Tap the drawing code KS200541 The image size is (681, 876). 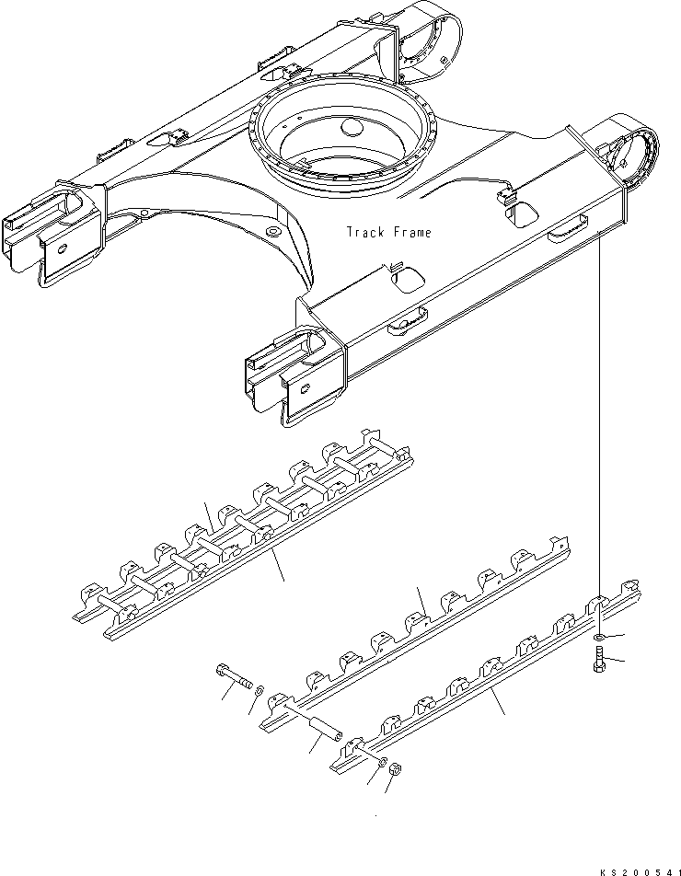[641, 871]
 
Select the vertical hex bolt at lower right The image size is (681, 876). [598, 659]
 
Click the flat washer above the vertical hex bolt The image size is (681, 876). [598, 637]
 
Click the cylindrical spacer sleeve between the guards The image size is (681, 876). [327, 730]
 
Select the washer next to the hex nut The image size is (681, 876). [383, 762]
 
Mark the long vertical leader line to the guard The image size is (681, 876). [599, 414]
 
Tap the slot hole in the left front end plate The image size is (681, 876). [62, 248]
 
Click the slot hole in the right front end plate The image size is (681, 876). [305, 389]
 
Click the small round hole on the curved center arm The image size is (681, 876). [273, 231]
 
